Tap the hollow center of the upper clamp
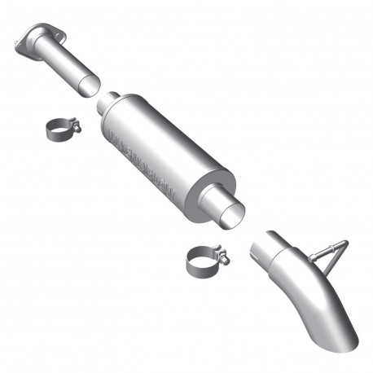[x=57, y=130]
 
